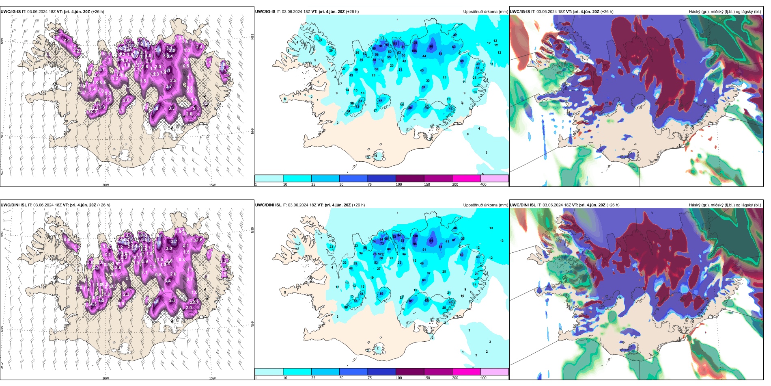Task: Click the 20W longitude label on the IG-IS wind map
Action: [106, 185]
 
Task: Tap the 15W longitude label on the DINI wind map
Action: [212, 378]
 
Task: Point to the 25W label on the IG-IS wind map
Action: [2, 171]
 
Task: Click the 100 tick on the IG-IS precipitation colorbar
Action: [399, 184]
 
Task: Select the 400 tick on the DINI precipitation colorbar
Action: [483, 378]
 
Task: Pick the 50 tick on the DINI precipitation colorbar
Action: [341, 378]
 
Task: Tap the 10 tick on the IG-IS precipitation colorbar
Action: [285, 184]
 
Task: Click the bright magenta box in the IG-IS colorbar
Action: [466, 178]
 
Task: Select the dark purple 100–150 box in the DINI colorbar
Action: [410, 372]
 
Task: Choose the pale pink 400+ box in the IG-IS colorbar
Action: [494, 178]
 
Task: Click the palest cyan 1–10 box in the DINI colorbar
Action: [269, 372]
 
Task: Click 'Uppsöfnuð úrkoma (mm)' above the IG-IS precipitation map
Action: [485, 12]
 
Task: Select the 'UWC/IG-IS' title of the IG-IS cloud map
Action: [520, 12]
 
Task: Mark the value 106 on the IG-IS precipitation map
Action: [414, 51]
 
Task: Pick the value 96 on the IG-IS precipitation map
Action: [431, 47]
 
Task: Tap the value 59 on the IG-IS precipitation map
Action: [424, 87]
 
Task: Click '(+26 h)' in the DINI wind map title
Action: [103, 205]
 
